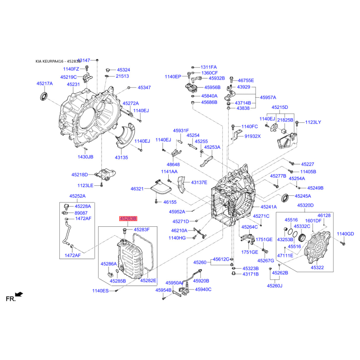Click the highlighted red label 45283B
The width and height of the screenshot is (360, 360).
click(128, 218)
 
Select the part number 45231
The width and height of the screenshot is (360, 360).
click(73, 84)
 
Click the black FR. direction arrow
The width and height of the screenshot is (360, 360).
click(19, 294)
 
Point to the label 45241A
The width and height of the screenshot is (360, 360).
click(269, 207)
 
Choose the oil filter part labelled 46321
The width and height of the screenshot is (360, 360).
click(161, 187)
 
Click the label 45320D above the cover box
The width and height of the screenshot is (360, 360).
click(306, 205)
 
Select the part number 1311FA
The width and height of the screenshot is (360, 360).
click(208, 67)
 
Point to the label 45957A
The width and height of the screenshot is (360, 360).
click(268, 97)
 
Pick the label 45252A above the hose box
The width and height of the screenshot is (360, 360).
click(77, 196)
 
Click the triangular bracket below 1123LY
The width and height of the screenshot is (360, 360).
click(287, 141)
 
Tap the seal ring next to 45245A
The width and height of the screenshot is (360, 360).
click(285, 198)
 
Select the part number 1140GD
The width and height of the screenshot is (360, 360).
click(345, 234)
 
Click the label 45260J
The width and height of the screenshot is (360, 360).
click(274, 286)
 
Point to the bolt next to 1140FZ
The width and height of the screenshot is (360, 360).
click(87, 68)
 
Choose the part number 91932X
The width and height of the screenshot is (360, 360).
click(252, 136)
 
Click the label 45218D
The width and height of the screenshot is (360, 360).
click(80, 175)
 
